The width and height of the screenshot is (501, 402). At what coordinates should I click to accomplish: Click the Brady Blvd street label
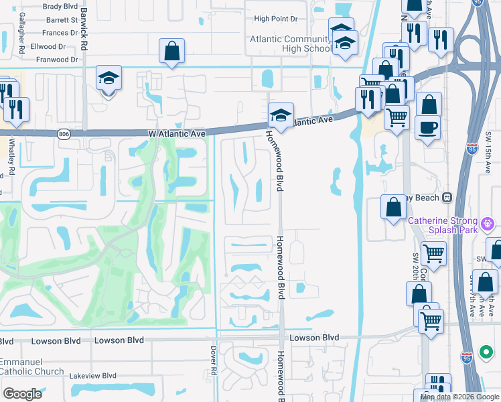[61, 6]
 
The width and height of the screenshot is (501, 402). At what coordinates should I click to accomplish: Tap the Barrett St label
[62, 20]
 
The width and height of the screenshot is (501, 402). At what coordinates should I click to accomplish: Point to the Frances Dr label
[60, 33]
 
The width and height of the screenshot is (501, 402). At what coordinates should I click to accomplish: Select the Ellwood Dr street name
[49, 47]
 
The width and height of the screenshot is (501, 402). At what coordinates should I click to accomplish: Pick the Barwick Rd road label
[84, 28]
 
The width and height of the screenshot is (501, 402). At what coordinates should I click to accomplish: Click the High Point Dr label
[275, 19]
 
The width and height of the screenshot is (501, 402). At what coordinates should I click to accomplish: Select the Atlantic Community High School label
[291, 44]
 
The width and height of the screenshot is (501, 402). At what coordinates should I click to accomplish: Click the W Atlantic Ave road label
[176, 133]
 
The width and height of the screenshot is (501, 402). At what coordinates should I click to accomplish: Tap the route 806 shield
[63, 134]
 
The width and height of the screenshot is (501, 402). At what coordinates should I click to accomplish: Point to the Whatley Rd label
[11, 154]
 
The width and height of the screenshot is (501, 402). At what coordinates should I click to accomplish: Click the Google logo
[22, 393]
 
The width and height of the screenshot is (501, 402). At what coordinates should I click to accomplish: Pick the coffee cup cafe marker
[427, 127]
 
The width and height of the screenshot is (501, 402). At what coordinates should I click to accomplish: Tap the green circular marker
[486, 352]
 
